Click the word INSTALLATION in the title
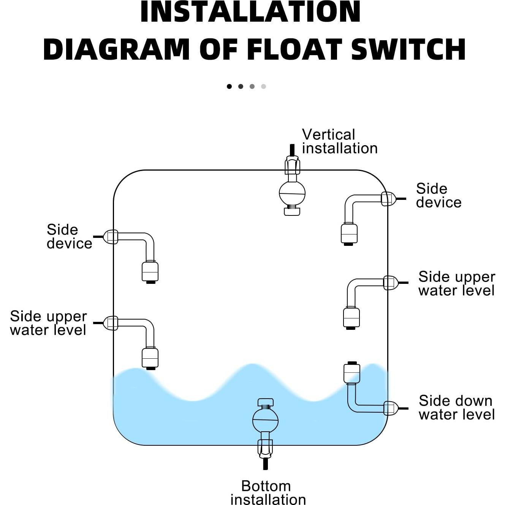(250, 12)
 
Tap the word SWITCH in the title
(408, 50)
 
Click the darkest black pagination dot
(229, 86)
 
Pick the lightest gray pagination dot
(263, 86)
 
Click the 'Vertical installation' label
(339, 141)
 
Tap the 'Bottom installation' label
(268, 492)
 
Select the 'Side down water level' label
(456, 407)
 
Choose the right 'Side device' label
(439, 195)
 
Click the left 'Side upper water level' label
(48, 323)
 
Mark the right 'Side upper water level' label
(456, 283)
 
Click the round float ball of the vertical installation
(292, 193)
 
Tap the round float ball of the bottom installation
(265, 420)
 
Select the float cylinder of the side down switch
(351, 373)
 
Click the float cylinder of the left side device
(150, 271)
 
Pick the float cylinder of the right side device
(349, 233)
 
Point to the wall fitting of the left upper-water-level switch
(111, 323)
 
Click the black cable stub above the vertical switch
(292, 150)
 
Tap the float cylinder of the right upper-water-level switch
(351, 317)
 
